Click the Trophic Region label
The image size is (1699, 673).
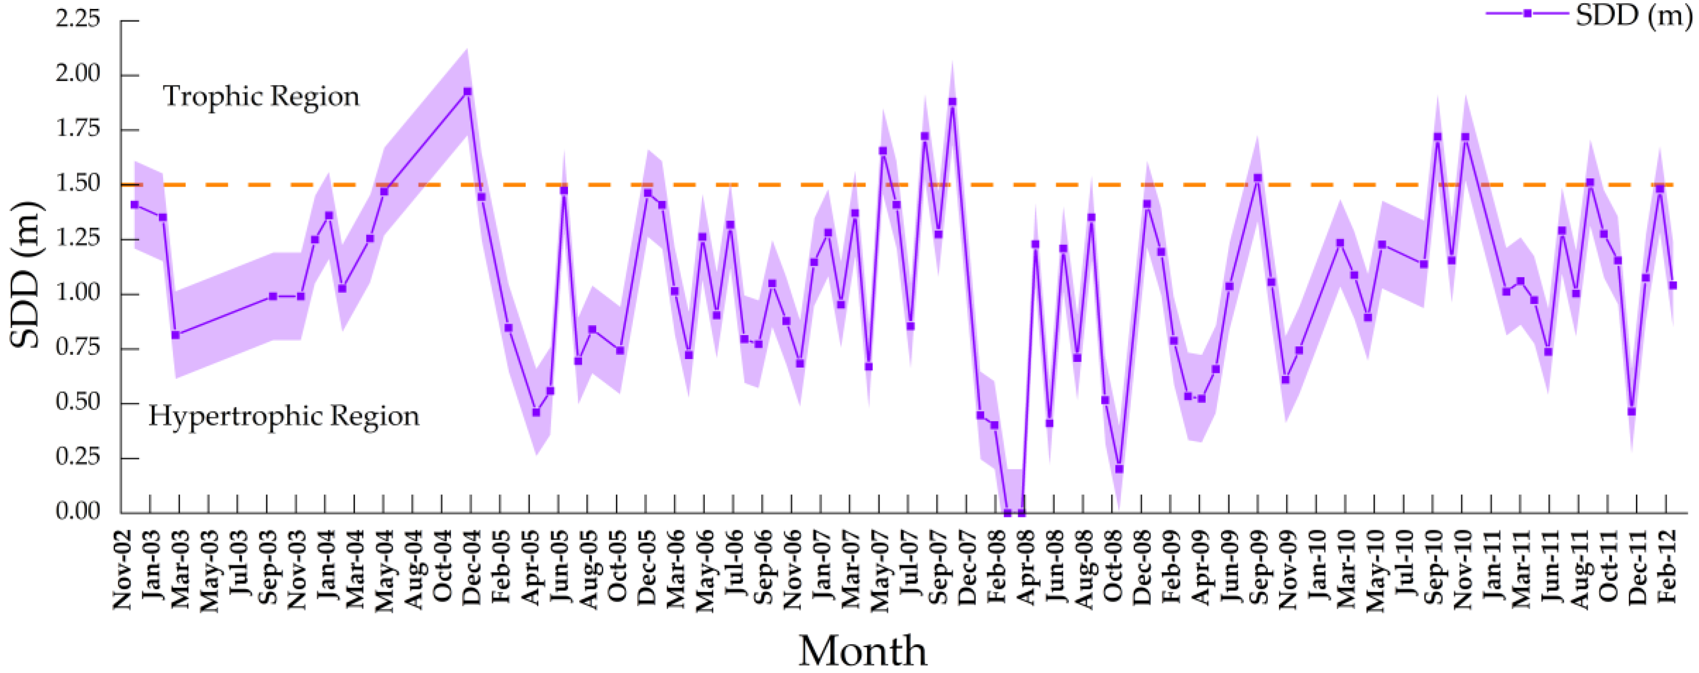pos(261,96)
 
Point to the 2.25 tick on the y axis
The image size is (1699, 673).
pos(78,20)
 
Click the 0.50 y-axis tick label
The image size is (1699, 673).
pos(78,402)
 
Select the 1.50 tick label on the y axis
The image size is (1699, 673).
pos(78,183)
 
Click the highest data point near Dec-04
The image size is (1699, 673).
pos(468,92)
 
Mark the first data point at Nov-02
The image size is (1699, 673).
pos(134,204)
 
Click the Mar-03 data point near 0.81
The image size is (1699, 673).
pos(175,335)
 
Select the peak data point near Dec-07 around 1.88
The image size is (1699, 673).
pos(952,102)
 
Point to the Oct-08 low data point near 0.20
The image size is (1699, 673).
pos(1119,469)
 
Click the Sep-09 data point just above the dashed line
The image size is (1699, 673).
pos(1258,178)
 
